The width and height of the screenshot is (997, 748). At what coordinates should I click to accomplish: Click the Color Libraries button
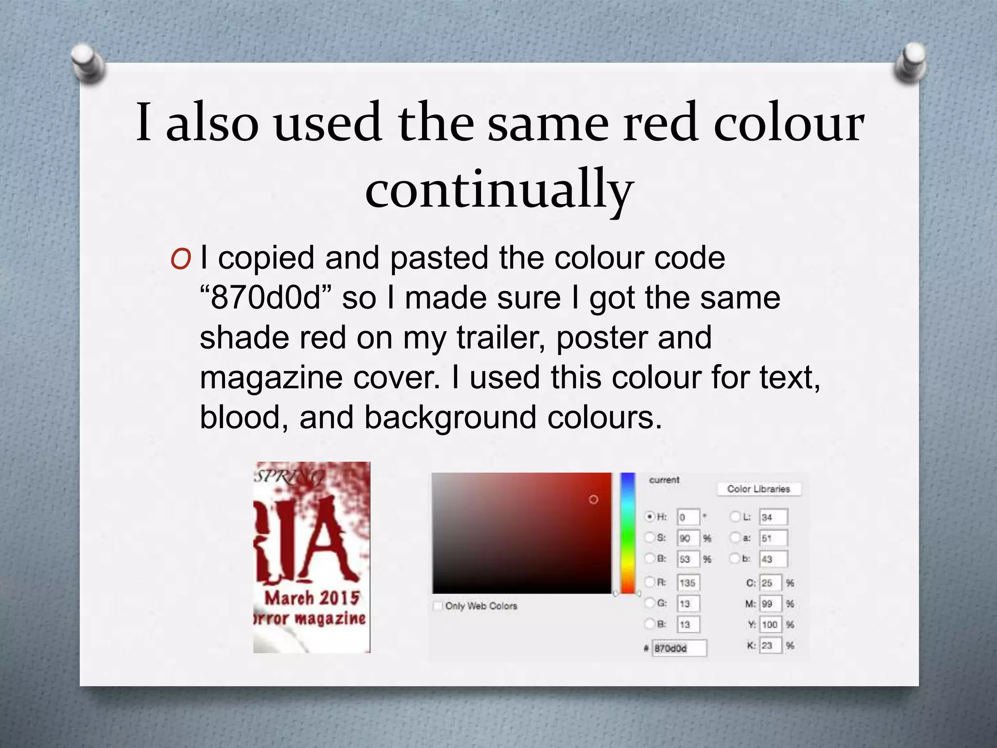pyautogui.click(x=758, y=489)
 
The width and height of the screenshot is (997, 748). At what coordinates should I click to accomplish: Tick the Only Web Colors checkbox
pyautogui.click(x=438, y=606)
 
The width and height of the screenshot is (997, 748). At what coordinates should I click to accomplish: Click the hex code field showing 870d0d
pyautogui.click(x=679, y=648)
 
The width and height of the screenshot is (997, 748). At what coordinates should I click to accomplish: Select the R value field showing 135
pyautogui.click(x=688, y=583)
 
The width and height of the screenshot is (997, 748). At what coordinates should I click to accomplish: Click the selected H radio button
pyautogui.click(x=649, y=517)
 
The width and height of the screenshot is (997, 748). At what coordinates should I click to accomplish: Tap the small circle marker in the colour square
pyautogui.click(x=593, y=500)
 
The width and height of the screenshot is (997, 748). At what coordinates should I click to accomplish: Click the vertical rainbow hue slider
pyautogui.click(x=628, y=533)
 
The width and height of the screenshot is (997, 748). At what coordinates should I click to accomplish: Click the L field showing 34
pyautogui.click(x=773, y=517)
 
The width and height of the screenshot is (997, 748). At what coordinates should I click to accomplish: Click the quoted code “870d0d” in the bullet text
pyautogui.click(x=266, y=298)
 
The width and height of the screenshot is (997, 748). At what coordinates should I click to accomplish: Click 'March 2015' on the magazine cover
pyautogui.click(x=312, y=598)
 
